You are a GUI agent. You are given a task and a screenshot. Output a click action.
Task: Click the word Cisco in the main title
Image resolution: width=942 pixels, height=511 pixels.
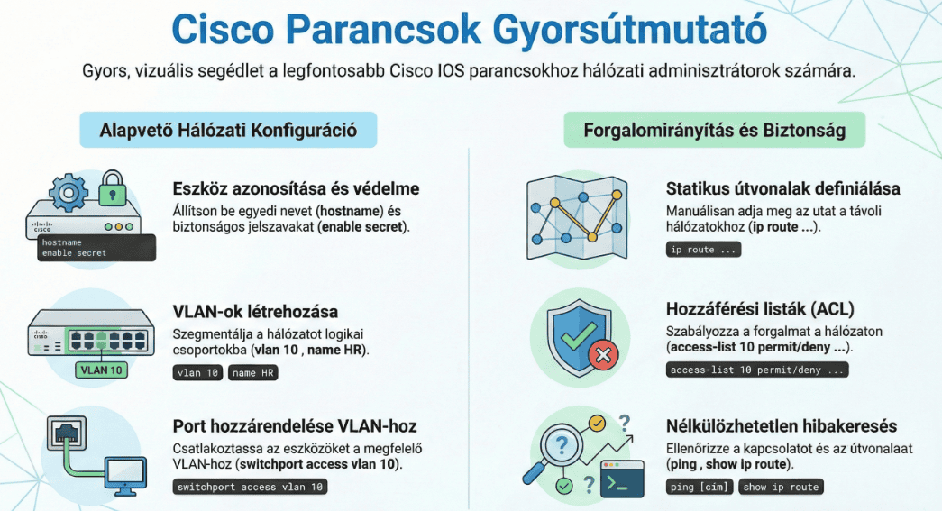click(223, 29)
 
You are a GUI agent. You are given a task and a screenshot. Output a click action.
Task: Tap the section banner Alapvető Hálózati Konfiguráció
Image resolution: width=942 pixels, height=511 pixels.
click(228, 130)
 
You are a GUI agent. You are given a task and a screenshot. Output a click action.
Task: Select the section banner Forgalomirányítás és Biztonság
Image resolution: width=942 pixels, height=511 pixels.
click(714, 130)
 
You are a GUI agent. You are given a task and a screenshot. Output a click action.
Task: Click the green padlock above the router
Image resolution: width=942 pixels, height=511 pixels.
click(113, 188)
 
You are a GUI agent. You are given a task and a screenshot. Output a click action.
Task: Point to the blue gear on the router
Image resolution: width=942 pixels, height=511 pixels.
click(68, 193)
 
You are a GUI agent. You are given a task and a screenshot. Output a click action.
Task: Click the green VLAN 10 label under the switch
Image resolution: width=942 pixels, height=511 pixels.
click(101, 370)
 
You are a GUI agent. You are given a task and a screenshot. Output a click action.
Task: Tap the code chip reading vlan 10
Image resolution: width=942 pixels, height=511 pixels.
click(197, 373)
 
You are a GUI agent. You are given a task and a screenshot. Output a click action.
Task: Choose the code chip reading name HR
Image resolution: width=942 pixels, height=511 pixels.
click(253, 373)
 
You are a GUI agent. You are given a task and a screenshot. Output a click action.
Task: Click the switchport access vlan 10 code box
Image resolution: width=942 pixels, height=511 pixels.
click(250, 487)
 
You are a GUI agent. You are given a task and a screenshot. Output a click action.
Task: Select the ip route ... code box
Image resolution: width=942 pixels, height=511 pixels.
click(703, 250)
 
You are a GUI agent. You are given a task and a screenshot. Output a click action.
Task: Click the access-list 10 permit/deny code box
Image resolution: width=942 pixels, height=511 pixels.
click(757, 370)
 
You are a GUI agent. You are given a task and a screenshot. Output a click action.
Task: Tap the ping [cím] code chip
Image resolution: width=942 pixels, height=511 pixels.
click(700, 487)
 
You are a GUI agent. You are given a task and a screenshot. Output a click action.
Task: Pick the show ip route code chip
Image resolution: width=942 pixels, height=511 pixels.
click(781, 487)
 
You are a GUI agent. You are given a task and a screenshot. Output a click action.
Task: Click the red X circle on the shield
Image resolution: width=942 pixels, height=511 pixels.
click(604, 355)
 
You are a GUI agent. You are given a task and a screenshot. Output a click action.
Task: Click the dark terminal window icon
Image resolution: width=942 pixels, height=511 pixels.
click(622, 479)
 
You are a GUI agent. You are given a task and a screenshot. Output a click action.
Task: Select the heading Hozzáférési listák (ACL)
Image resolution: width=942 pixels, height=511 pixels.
click(759, 309)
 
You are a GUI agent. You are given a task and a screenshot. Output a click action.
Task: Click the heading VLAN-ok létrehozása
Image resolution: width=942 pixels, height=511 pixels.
click(255, 312)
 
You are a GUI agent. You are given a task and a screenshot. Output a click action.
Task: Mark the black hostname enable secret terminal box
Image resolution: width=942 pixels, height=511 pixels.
click(96, 248)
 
